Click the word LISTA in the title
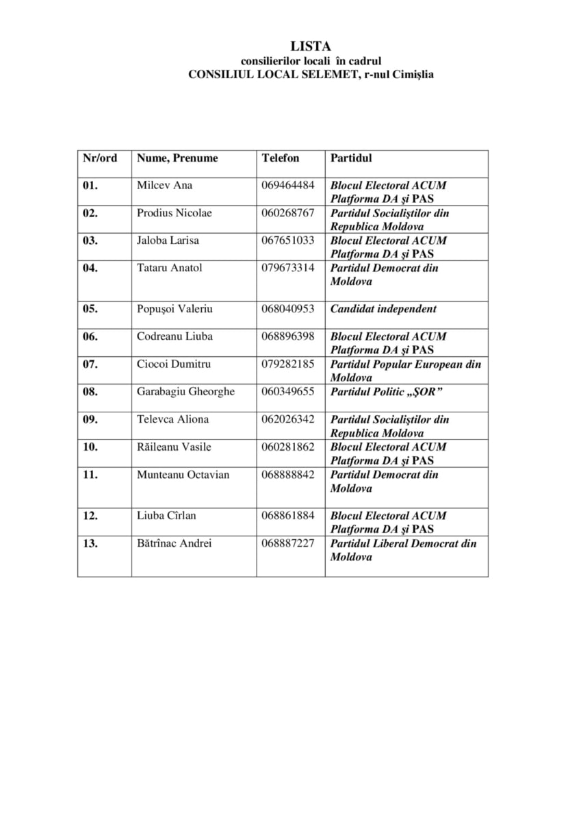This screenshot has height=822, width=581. [311, 47]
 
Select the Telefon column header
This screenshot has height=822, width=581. [280, 158]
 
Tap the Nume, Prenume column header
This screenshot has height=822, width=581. [177, 158]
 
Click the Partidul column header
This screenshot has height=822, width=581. [351, 158]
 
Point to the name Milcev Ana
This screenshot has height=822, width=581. [164, 186]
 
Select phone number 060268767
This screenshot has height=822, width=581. [287, 213]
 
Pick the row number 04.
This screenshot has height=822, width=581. [90, 268]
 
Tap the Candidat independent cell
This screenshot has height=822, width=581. [383, 309]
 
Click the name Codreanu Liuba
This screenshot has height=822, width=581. [175, 336]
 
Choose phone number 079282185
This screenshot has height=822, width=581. [287, 364]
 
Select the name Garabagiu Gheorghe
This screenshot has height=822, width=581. [185, 392]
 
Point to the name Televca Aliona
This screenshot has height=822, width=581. [172, 419]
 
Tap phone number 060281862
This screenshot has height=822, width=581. [287, 447]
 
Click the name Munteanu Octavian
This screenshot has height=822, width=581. [183, 475]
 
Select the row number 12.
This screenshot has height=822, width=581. [90, 516]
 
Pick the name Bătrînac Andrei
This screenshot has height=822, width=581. [174, 543]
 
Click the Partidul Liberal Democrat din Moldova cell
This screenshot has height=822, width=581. [403, 550]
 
